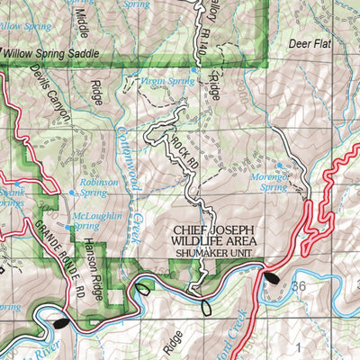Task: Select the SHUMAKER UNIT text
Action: pyautogui.click(x=212, y=255)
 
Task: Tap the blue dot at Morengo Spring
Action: pyautogui.click(x=282, y=166)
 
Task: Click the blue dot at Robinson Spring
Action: pyautogui.click(x=73, y=192)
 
